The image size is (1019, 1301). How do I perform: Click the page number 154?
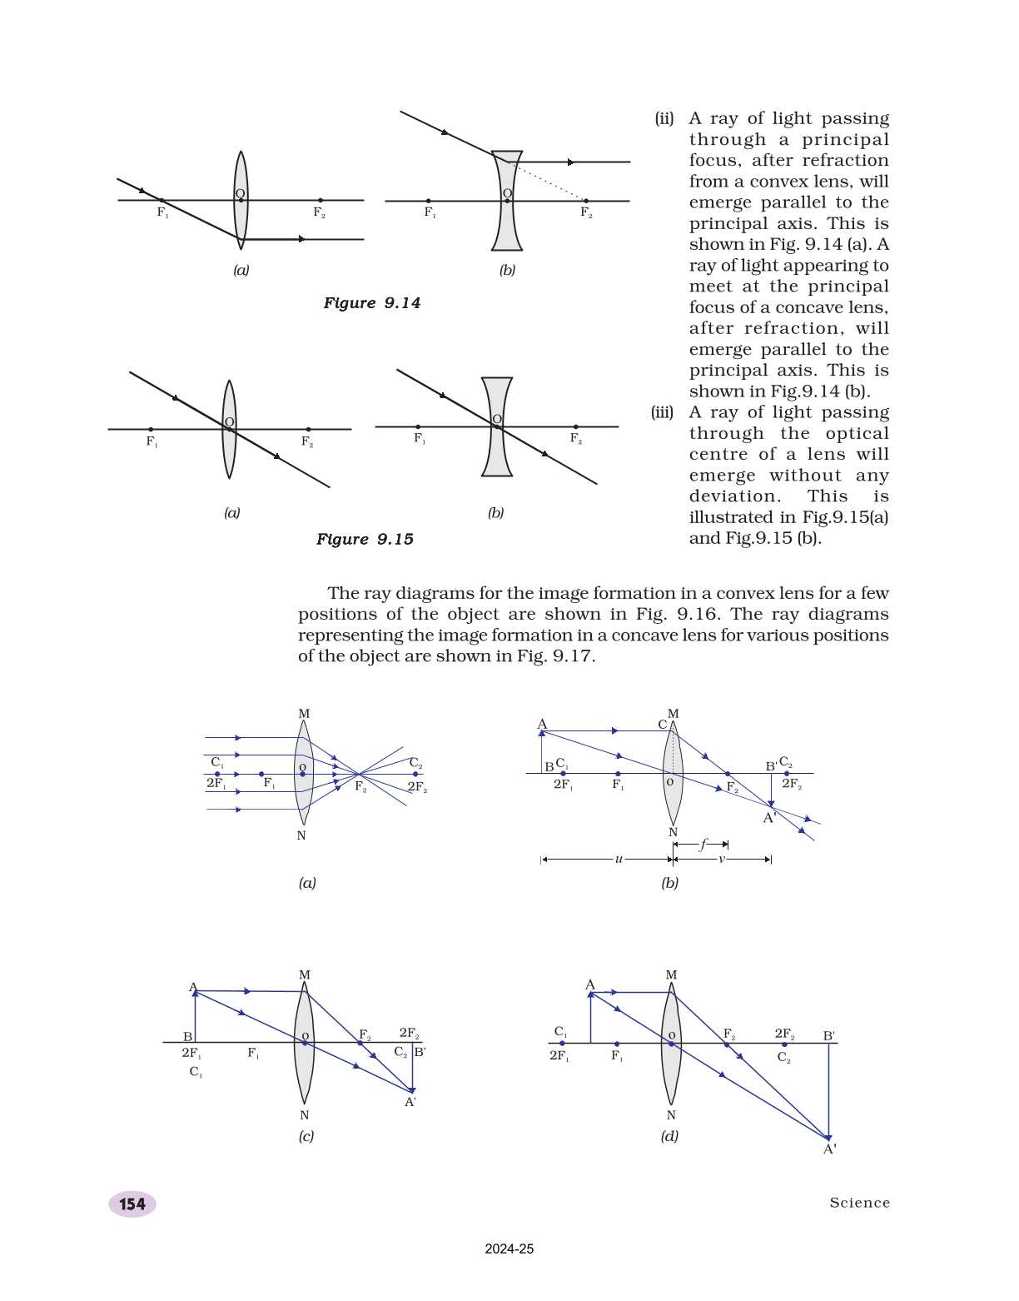point(132,1204)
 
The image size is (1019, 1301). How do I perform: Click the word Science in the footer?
point(859,1203)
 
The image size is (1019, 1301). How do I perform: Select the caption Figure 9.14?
point(371,303)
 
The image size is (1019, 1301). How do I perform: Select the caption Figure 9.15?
point(365,540)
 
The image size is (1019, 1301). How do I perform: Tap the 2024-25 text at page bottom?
point(509,1249)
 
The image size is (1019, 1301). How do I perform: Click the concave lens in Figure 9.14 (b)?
point(507,225)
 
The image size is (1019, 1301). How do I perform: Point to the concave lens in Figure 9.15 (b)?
point(497,458)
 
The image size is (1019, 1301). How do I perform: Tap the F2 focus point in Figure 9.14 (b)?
point(586,201)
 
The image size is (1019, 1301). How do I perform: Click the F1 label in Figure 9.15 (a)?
point(152,441)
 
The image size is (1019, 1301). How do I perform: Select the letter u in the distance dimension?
point(619,859)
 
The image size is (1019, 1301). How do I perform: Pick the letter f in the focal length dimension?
point(703,844)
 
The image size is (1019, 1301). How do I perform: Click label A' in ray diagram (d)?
point(829,1149)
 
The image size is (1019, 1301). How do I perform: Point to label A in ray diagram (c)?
point(193,988)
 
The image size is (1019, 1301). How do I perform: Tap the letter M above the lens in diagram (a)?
point(304,714)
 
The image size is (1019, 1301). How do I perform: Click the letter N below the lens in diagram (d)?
point(671,1115)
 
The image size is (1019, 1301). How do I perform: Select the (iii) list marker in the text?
point(662,412)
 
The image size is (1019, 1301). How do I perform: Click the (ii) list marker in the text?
point(664,118)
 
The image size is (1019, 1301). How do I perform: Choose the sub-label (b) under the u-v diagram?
point(669,883)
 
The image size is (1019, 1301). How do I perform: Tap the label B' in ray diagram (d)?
point(829,1036)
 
